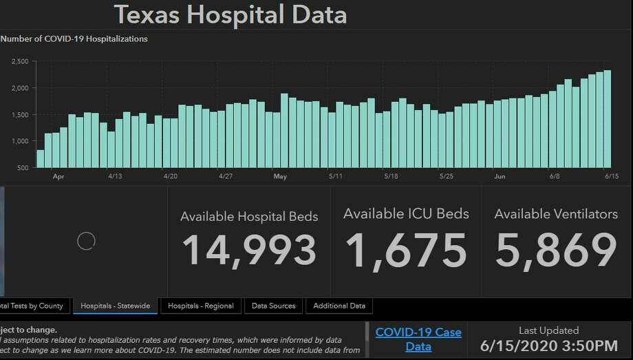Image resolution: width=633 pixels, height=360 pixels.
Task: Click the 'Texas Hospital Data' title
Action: click(x=230, y=14)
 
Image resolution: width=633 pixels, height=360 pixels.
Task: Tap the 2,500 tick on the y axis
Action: click(x=20, y=62)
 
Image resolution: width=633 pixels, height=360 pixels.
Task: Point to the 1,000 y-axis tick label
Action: click(x=20, y=141)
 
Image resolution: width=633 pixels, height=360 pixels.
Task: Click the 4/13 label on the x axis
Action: click(x=115, y=176)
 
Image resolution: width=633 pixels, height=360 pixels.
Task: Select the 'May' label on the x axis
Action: click(x=280, y=176)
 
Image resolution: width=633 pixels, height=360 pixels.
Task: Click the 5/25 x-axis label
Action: click(x=446, y=176)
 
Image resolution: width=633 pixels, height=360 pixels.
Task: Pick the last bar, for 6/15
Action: click(x=608, y=118)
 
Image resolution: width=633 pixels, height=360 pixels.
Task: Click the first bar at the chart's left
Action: click(x=40, y=158)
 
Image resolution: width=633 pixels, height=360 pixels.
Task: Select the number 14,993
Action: click(x=249, y=250)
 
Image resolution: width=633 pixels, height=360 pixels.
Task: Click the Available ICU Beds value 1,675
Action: click(x=406, y=250)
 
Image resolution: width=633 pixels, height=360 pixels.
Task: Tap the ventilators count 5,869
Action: click(x=556, y=250)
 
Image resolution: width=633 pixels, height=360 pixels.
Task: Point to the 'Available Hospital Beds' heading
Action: click(x=249, y=216)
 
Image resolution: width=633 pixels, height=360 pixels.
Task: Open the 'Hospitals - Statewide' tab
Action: click(x=116, y=306)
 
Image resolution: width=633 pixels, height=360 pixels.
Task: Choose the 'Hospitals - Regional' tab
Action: click(x=200, y=306)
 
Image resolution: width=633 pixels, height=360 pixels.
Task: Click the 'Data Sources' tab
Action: click(x=273, y=306)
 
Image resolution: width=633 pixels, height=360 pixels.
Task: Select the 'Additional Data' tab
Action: click(x=339, y=306)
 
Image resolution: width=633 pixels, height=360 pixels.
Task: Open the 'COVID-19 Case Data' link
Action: click(x=418, y=339)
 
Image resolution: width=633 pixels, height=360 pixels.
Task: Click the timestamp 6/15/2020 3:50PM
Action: click(x=548, y=346)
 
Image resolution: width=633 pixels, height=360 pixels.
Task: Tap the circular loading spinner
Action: click(x=86, y=240)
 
